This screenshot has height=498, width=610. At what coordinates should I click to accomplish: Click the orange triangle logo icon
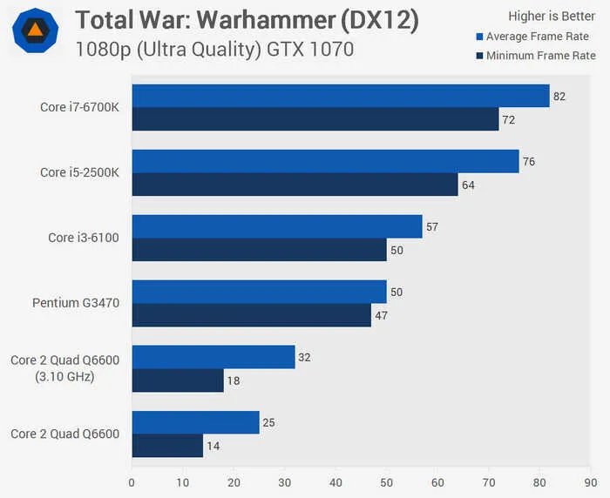click(35, 30)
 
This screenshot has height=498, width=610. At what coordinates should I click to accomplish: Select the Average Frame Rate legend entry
click(535, 37)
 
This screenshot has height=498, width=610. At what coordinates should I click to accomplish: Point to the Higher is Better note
click(552, 16)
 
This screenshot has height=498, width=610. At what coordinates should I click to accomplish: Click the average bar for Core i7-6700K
click(340, 96)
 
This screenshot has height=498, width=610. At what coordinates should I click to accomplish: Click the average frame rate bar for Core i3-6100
click(276, 226)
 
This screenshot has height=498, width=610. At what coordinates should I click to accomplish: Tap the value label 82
click(559, 97)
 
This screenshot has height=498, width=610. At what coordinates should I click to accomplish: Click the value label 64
click(468, 185)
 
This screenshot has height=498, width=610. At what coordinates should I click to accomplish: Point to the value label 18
click(234, 380)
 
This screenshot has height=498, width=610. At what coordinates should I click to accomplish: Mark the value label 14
click(213, 446)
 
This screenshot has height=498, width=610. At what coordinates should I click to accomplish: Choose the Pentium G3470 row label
click(76, 303)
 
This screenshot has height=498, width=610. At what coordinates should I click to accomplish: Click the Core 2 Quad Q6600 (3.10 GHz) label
click(64, 368)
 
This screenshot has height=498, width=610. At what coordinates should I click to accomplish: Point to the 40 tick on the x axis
click(335, 481)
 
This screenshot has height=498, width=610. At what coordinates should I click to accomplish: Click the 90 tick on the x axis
click(591, 481)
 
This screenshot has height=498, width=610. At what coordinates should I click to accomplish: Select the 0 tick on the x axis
click(132, 481)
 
